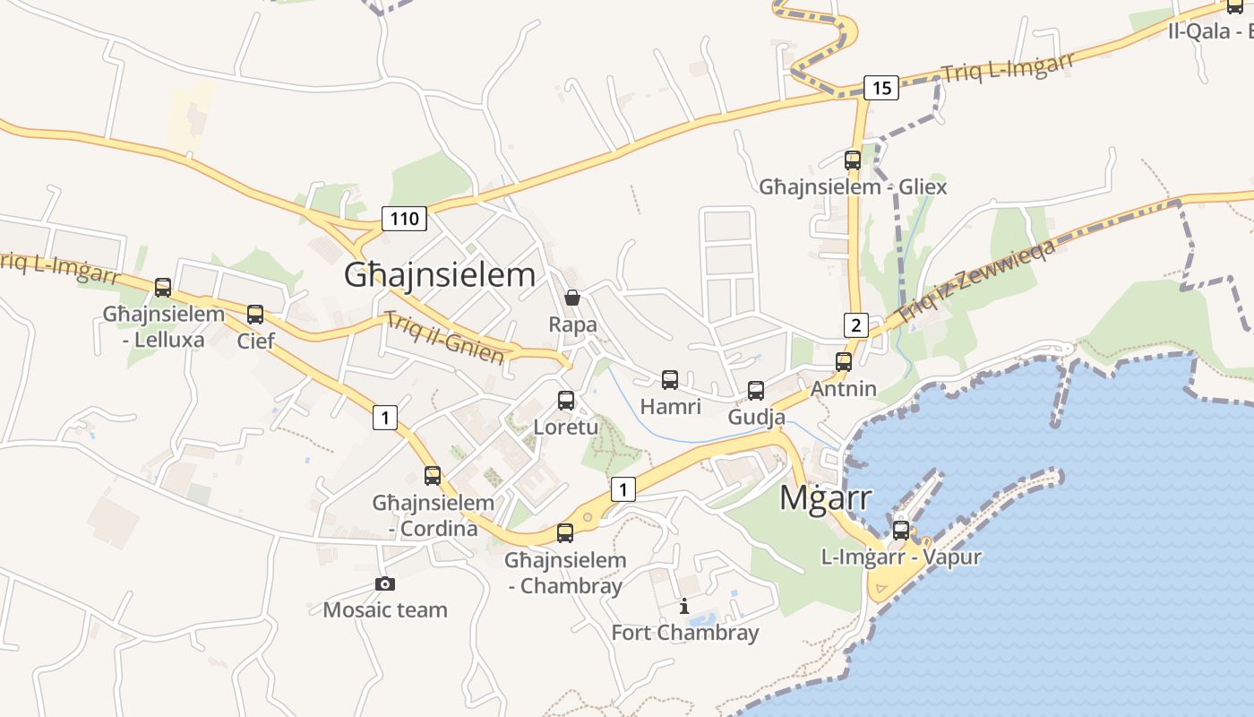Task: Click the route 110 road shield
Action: [404, 218]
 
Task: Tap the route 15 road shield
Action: [881, 87]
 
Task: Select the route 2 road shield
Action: [855, 324]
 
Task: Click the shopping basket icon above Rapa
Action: [572, 298]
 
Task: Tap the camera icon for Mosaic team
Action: [385, 583]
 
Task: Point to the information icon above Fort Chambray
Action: [684, 607]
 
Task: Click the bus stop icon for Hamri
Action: [670, 380]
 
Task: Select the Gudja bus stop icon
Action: [756, 391]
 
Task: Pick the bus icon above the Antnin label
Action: [844, 362]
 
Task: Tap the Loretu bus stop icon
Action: [566, 401]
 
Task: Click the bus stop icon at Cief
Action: [255, 315]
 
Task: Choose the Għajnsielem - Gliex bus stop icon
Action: [853, 160]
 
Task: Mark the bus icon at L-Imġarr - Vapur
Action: [901, 530]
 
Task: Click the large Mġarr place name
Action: [825, 497]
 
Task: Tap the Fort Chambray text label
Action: [684, 633]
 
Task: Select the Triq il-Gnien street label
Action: [444, 337]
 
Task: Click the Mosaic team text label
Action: [385, 610]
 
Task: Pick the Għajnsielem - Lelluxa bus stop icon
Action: [163, 288]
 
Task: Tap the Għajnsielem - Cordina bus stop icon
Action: [433, 476]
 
